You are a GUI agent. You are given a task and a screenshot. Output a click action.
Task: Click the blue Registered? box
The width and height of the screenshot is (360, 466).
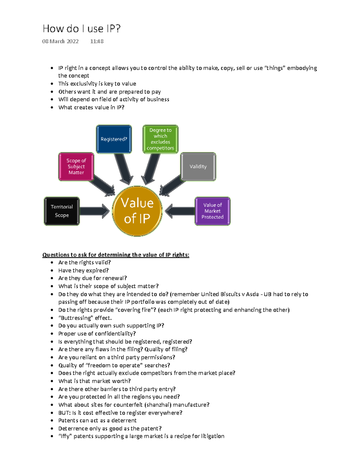(x=114, y=139)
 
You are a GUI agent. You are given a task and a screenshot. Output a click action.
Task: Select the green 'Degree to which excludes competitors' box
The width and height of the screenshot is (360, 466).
(x=160, y=139)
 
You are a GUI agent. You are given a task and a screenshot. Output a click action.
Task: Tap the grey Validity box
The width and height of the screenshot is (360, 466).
(x=198, y=167)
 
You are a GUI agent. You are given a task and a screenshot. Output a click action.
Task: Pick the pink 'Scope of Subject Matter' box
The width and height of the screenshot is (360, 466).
(x=76, y=167)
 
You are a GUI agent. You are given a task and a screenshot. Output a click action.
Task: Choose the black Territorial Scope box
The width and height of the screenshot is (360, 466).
(x=62, y=211)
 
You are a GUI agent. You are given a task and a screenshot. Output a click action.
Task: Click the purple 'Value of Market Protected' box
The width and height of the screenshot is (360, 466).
(x=212, y=211)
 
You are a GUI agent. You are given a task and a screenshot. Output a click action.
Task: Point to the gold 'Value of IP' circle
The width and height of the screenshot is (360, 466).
(x=137, y=211)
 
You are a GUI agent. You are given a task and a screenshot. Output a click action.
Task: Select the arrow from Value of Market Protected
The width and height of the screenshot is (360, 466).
(x=180, y=211)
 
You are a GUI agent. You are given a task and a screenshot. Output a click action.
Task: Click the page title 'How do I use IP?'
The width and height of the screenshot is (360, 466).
(x=82, y=29)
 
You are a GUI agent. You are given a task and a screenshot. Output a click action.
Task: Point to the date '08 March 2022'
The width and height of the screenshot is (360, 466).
(x=60, y=41)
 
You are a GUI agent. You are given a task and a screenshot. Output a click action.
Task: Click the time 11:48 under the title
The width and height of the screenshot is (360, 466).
(x=97, y=41)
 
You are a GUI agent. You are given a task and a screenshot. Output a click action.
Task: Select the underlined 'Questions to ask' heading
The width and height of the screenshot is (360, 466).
(x=116, y=255)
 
